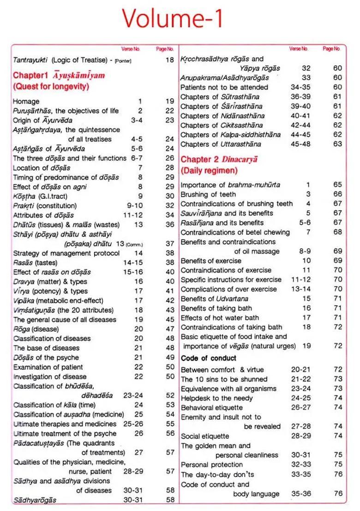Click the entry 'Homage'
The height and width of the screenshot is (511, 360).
[26, 101]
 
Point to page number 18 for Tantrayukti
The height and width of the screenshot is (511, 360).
[170, 60]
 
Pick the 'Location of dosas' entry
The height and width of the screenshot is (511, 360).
[42, 168]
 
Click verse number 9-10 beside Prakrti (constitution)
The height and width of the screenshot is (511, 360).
[135, 206]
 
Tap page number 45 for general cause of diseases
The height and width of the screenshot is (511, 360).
[170, 319]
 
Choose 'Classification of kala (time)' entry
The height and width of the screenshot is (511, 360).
[54, 405]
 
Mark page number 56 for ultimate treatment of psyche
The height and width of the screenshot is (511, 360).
[170, 433]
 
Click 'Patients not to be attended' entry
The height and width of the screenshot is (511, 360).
[224, 87]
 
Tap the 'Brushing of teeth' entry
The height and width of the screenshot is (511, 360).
[208, 194]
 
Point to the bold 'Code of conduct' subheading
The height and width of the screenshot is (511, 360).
[209, 358]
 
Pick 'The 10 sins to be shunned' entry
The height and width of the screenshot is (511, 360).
[218, 379]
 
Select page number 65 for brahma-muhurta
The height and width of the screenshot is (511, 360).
[337, 184]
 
